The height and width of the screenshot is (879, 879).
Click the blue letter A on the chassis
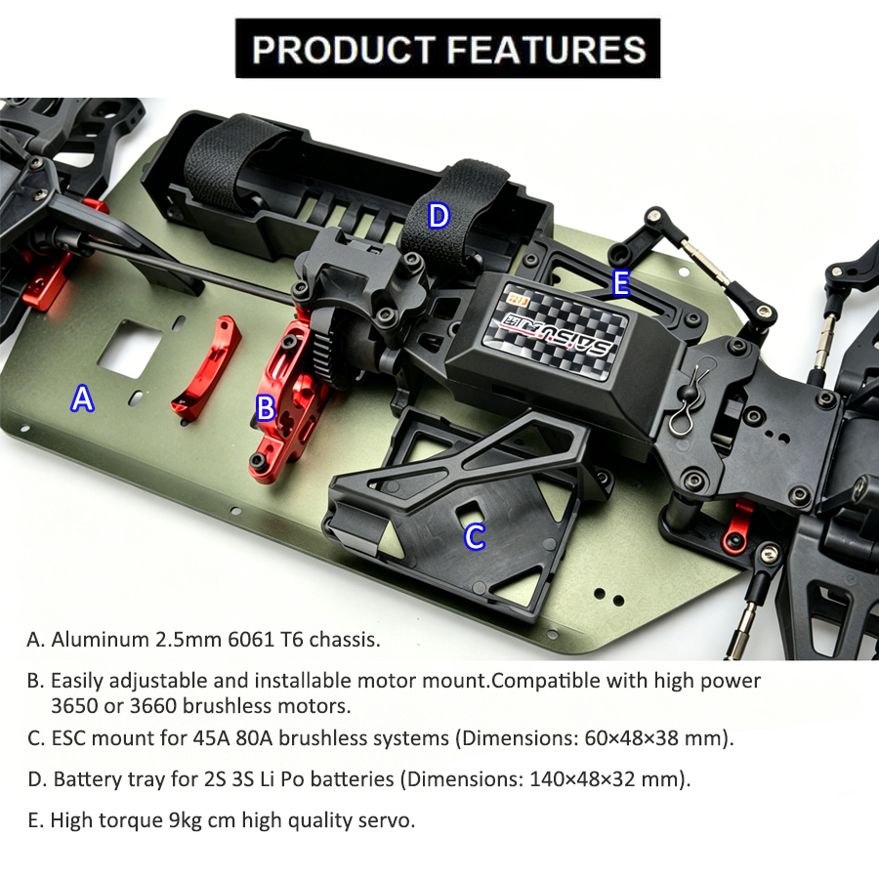(x=83, y=398)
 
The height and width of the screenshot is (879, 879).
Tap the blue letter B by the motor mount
(x=265, y=408)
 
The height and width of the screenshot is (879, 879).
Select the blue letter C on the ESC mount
(x=475, y=536)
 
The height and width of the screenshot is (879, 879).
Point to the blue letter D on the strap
(x=439, y=215)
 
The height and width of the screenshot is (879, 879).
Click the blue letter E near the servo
(x=620, y=283)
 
